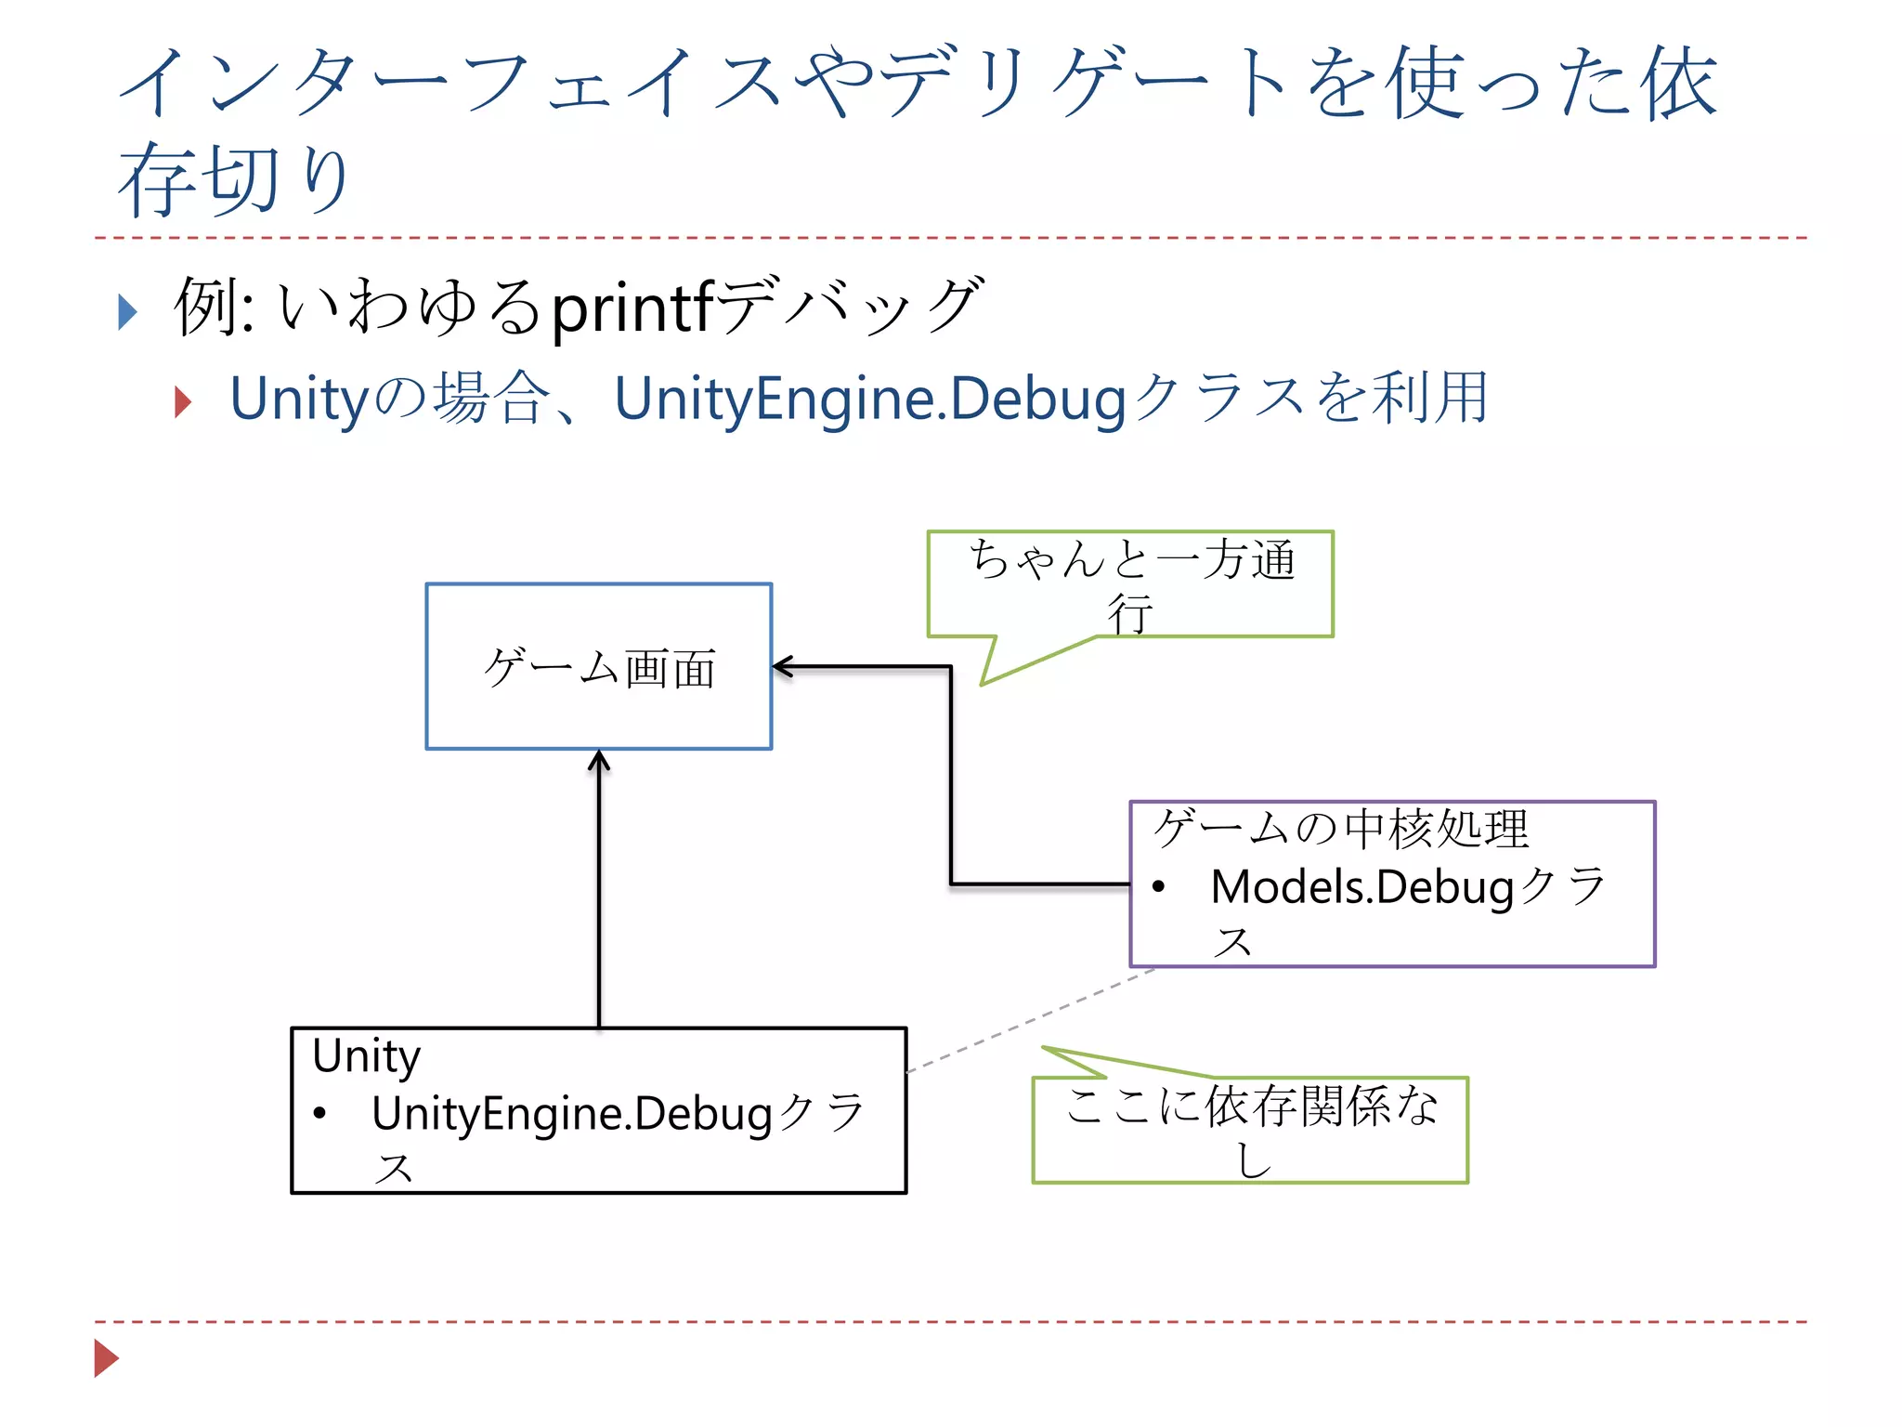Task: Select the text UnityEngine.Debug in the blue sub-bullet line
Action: (870, 399)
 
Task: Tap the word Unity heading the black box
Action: (366, 1056)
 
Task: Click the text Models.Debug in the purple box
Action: (1362, 887)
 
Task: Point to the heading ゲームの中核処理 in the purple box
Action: (1340, 829)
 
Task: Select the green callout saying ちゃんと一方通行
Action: (1130, 583)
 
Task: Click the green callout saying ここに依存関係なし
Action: (1250, 1130)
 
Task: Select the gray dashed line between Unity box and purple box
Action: (1031, 1020)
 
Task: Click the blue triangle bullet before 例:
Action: (127, 311)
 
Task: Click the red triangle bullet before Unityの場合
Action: (183, 401)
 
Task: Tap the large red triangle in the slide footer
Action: (106, 1358)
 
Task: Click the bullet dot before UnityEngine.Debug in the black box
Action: (319, 1113)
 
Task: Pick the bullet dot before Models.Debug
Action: (1158, 887)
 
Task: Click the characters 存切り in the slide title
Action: (233, 178)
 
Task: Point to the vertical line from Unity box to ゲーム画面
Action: (599, 892)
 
